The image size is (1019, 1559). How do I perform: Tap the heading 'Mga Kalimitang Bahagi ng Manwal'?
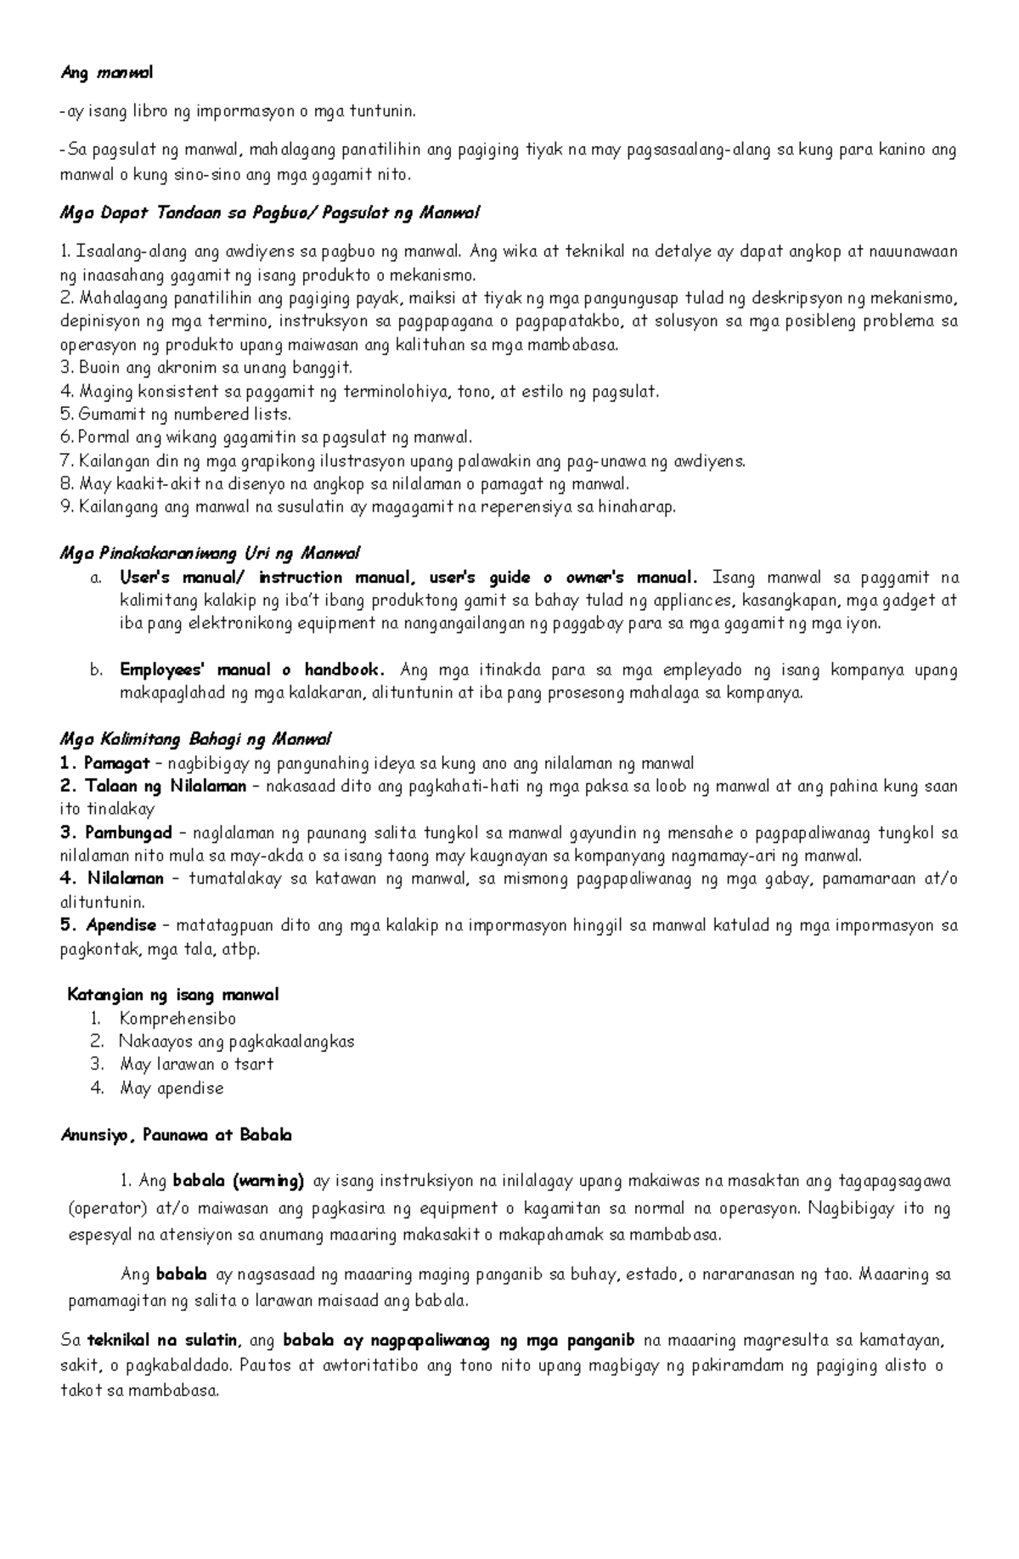click(x=195, y=739)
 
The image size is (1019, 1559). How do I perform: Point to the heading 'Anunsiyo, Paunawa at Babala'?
click(x=176, y=1135)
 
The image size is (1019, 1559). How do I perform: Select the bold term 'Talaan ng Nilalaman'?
click(x=165, y=786)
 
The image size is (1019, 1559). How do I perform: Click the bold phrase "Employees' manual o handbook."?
click(x=252, y=669)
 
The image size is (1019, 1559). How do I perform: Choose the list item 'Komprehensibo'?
click(x=177, y=1018)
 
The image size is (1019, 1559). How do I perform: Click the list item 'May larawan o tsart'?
click(x=196, y=1065)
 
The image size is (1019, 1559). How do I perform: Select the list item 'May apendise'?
click(x=172, y=1088)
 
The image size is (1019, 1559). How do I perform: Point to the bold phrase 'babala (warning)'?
click(x=238, y=1181)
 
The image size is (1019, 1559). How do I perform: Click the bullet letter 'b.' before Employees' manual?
click(x=96, y=669)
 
